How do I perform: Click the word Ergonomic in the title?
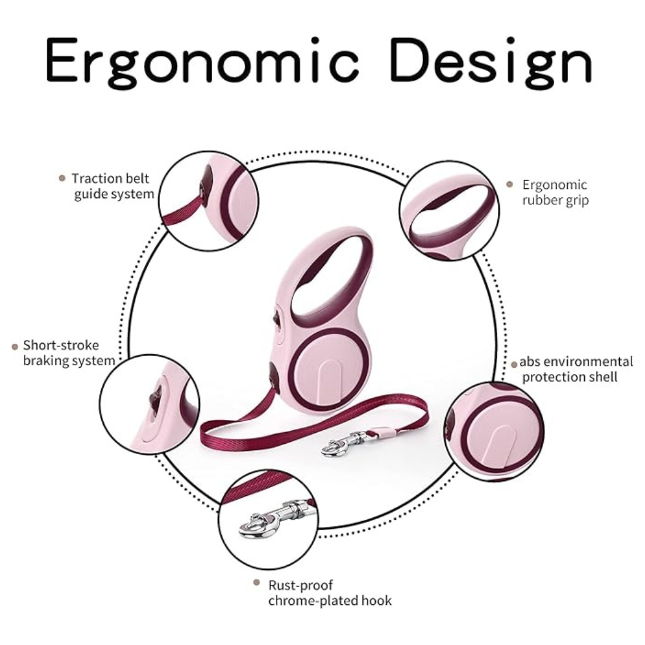click(x=202, y=62)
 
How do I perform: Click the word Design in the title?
click(x=491, y=62)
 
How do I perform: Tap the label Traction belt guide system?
click(x=112, y=186)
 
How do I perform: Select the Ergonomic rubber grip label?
click(x=555, y=192)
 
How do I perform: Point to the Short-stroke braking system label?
click(x=69, y=353)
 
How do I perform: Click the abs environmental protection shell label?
click(x=576, y=370)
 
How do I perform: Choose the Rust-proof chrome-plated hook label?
click(x=330, y=593)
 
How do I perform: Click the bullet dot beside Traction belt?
click(x=62, y=178)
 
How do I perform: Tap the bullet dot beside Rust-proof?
click(x=257, y=582)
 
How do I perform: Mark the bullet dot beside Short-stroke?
click(x=15, y=347)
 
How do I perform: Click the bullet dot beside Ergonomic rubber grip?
click(x=510, y=184)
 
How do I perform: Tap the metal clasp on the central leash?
click(x=346, y=443)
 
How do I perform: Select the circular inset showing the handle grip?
click(x=449, y=210)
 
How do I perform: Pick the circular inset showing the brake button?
click(x=150, y=404)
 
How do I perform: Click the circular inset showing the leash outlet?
click(x=209, y=201)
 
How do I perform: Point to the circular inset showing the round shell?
click(x=494, y=432)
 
